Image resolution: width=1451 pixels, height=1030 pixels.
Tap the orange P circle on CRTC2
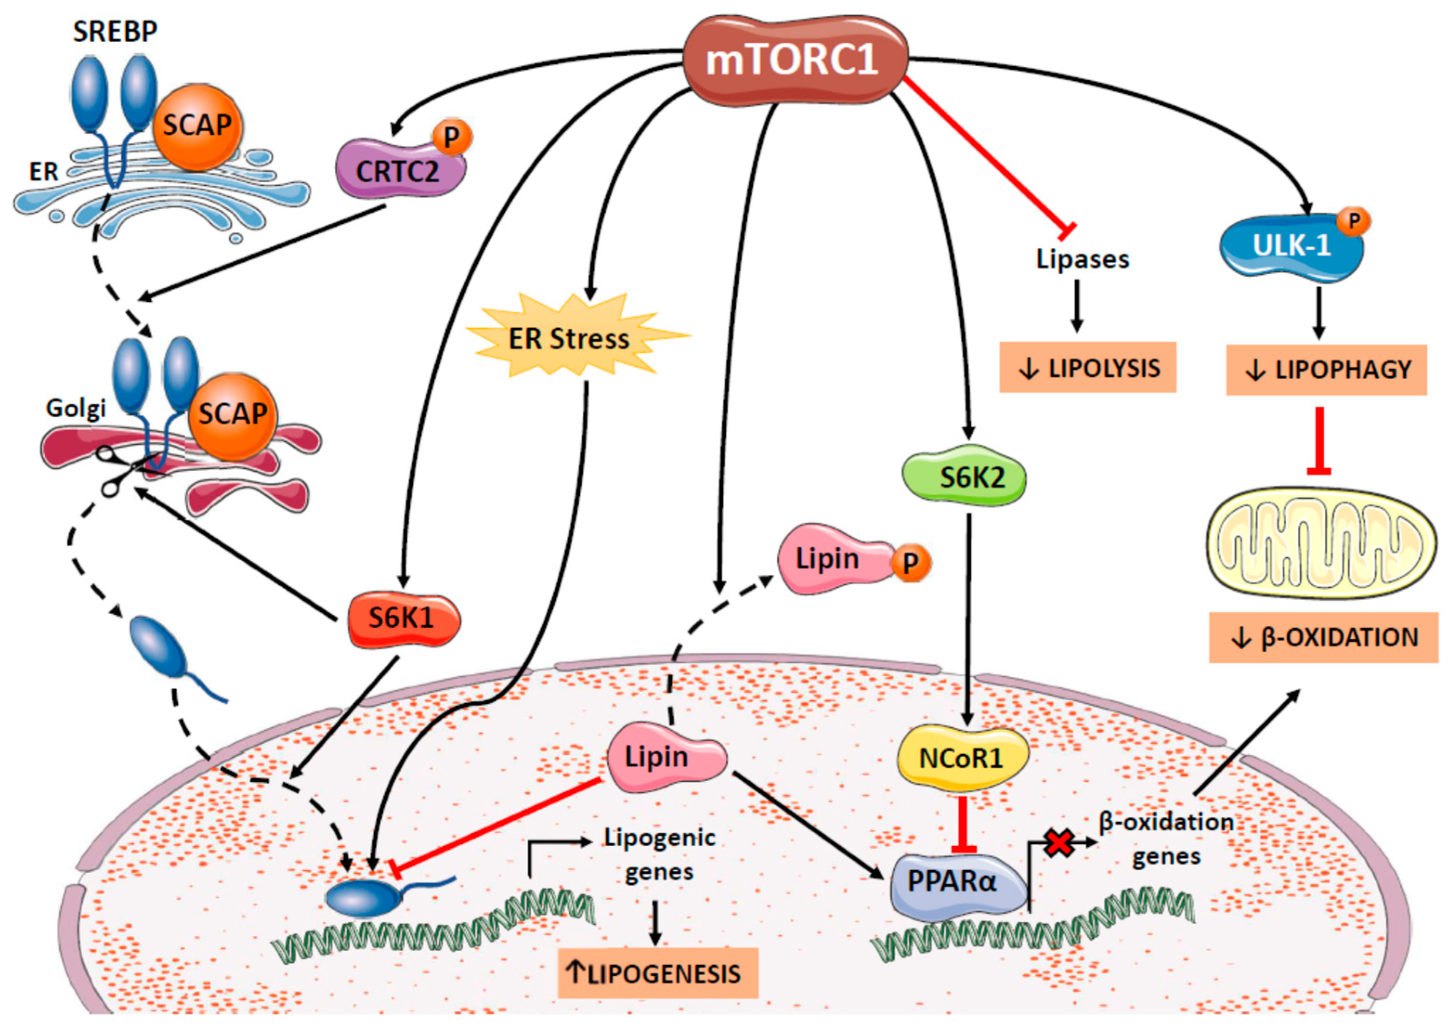[452, 137]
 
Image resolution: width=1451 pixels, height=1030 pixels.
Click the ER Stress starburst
[569, 337]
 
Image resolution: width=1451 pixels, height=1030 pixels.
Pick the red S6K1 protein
[404, 618]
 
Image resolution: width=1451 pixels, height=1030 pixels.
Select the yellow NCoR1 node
[961, 758]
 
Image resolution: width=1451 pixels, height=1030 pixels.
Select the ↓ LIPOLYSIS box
[1087, 368]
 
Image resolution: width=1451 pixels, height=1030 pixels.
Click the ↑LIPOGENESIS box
[657, 973]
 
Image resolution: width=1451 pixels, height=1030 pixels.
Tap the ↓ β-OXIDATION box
[1323, 637]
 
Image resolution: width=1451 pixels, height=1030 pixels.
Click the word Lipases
[1082, 259]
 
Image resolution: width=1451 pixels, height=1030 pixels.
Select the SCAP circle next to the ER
[197, 126]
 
